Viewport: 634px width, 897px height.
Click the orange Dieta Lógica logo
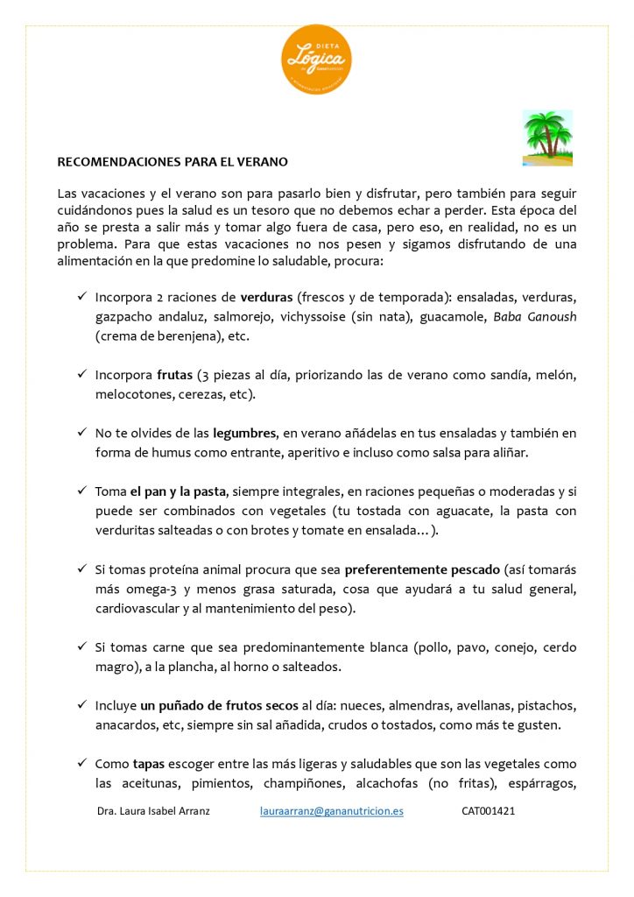tap(316, 60)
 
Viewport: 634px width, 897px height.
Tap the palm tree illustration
tap(547, 138)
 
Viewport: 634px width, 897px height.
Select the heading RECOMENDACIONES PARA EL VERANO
tap(173, 162)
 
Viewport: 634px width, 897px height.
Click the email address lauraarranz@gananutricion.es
tap(332, 811)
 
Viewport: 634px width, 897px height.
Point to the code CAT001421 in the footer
tap(488, 811)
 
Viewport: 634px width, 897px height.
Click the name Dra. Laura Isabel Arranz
tap(153, 811)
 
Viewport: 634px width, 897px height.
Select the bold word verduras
tap(266, 297)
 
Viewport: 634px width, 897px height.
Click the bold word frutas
tap(175, 375)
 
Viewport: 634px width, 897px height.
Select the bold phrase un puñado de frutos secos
tap(219, 705)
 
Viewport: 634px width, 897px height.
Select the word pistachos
tap(551, 705)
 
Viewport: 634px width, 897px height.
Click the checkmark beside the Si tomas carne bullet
tap(81, 647)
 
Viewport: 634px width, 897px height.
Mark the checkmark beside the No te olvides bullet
tap(81, 433)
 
